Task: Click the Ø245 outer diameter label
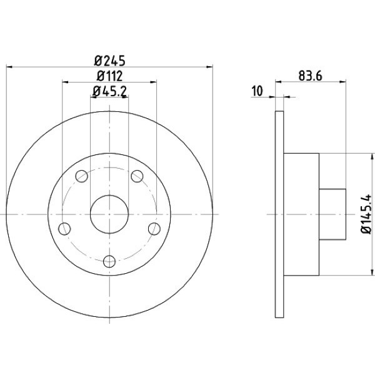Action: (110, 61)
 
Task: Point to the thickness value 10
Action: (256, 91)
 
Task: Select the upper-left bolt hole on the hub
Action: (81, 177)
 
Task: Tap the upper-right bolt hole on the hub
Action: (137, 177)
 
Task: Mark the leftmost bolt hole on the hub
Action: (64, 229)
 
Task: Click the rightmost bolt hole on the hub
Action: (154, 229)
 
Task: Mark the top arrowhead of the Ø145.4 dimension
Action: (359, 156)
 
